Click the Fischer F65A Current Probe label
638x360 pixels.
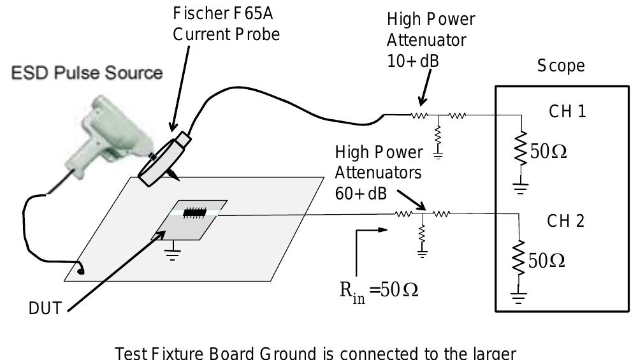(x=226, y=24)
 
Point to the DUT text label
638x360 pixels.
(x=46, y=309)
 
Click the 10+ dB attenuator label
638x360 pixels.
(x=430, y=39)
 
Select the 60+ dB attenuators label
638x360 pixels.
(x=379, y=173)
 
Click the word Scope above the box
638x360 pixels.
(x=561, y=66)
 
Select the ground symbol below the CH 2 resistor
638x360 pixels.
(x=522, y=298)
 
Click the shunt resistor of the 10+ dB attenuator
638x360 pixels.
(x=438, y=135)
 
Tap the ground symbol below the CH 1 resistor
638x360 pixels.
(x=522, y=188)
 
